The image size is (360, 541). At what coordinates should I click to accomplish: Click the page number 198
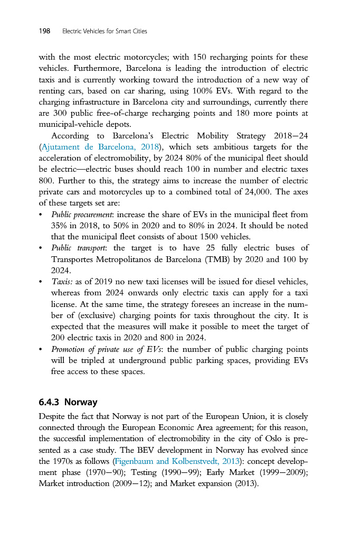pyautogui.click(x=44, y=31)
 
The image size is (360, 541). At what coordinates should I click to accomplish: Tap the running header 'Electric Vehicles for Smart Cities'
pyautogui.click(x=105, y=32)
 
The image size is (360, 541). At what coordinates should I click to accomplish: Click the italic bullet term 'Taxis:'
pyautogui.click(x=62, y=281)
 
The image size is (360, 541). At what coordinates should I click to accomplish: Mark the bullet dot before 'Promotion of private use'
pyautogui.click(x=41, y=350)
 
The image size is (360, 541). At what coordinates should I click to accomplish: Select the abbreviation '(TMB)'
pyautogui.click(x=206, y=259)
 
